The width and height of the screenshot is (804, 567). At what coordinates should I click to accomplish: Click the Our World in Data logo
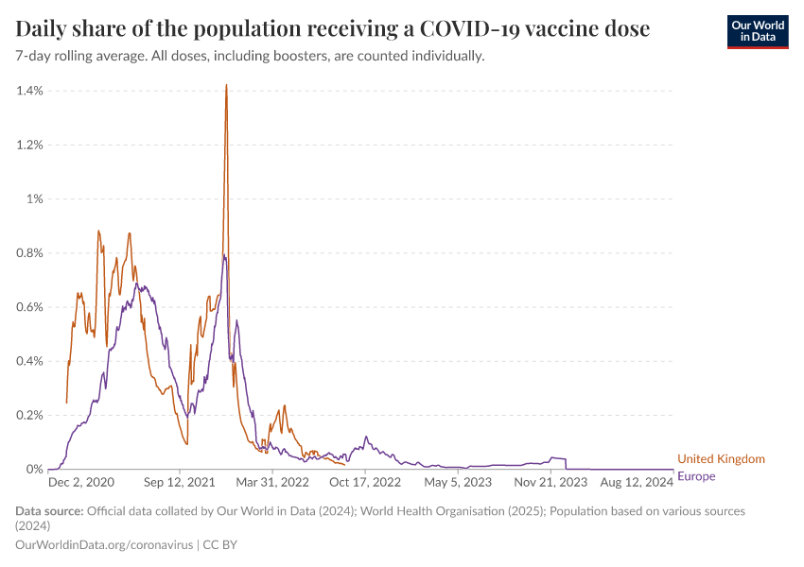[x=758, y=31]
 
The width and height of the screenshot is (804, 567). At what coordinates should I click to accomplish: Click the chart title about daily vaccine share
[x=333, y=29]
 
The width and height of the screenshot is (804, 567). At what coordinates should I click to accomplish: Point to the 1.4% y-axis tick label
[x=29, y=91]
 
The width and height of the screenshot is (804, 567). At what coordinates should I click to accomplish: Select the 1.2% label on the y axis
[x=29, y=145]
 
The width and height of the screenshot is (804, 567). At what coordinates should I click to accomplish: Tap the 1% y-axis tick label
[x=34, y=198]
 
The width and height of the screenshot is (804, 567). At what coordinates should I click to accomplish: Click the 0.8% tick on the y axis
[x=29, y=253]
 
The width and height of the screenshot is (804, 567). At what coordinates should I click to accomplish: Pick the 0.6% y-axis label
[x=29, y=307]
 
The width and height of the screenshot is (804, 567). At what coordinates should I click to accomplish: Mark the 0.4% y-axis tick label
[x=29, y=361]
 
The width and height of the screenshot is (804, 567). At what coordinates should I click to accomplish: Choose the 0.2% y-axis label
[x=29, y=415]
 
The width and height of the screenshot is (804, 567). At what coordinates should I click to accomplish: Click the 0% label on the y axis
[x=34, y=470]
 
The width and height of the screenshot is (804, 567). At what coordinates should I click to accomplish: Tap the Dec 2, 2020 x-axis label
[x=80, y=482]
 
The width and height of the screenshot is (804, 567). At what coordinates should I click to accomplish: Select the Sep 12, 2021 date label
[x=181, y=482]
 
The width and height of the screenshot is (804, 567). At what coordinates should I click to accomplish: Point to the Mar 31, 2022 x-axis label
[x=272, y=482]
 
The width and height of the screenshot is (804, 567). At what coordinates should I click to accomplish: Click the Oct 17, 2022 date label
[x=365, y=482]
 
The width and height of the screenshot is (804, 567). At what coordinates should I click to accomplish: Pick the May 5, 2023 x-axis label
[x=459, y=482]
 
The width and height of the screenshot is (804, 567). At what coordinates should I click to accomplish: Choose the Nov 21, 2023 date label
[x=551, y=482]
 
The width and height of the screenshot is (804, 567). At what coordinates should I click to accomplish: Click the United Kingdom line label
[x=721, y=459]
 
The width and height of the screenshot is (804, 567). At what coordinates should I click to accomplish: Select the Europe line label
[x=697, y=476]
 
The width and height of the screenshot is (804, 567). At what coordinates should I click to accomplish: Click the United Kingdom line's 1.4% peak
[x=226, y=85]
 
